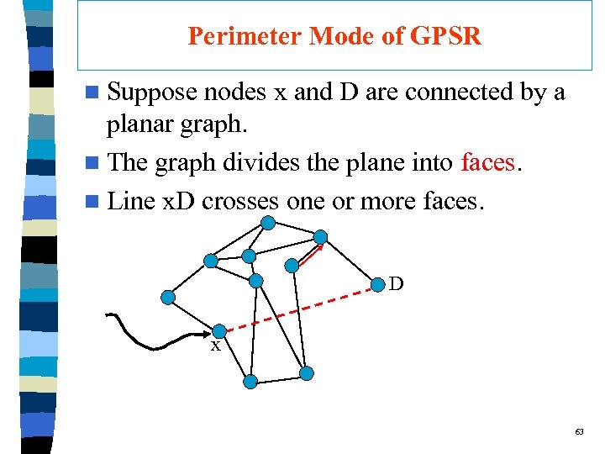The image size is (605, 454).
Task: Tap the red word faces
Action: (487, 161)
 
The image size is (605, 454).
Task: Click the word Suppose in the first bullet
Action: (152, 92)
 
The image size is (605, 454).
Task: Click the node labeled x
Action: (218, 331)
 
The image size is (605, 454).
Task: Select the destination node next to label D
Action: (377, 282)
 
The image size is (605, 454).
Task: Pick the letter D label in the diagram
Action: (396, 284)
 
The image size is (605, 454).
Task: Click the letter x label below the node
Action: (216, 346)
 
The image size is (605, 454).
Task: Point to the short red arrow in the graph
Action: (310, 253)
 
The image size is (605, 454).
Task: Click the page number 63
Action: (579, 431)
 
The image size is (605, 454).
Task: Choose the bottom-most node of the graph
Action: (250, 382)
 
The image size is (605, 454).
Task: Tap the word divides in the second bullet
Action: (257, 161)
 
